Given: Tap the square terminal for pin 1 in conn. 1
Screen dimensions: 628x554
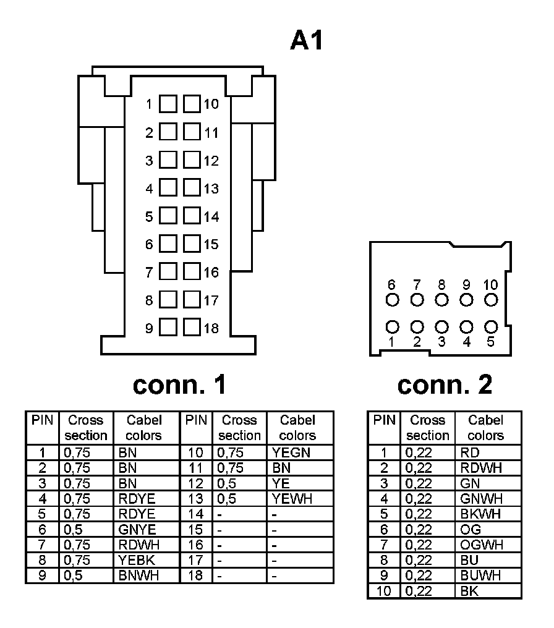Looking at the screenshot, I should [x=168, y=104].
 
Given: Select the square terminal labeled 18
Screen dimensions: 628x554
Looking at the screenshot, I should [x=192, y=328].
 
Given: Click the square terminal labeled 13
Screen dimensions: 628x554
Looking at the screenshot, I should [x=192, y=188].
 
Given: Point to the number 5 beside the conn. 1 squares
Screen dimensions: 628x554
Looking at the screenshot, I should [x=149, y=217].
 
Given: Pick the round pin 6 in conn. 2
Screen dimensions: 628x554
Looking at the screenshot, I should [x=391, y=300].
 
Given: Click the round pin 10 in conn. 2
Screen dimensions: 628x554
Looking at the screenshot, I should [x=491, y=300].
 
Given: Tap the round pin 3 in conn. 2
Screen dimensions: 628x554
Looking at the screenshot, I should [x=441, y=326].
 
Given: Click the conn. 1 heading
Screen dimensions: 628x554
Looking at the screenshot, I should [x=179, y=384].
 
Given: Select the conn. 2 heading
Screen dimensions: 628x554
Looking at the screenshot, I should [x=445, y=384].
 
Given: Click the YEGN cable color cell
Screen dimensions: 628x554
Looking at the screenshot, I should [x=291, y=452].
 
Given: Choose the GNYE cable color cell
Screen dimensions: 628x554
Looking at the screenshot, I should [x=137, y=529].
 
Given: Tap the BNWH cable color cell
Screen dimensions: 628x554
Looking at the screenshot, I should [x=138, y=575].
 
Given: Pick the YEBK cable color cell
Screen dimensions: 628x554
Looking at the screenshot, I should [x=137, y=560].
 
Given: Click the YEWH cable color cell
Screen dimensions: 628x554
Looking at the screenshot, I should [x=292, y=498].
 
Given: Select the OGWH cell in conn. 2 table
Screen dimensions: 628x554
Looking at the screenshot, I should [x=482, y=545].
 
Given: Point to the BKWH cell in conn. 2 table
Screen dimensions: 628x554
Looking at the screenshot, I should [x=480, y=514].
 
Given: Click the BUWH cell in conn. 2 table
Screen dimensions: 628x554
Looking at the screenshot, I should [x=480, y=575].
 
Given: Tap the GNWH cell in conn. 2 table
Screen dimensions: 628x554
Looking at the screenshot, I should [x=481, y=498].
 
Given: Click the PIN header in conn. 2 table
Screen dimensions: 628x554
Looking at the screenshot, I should [x=384, y=421].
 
